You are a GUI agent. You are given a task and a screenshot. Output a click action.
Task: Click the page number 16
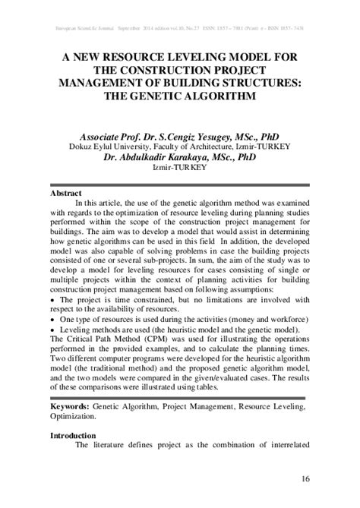pyautogui.click(x=306, y=478)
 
